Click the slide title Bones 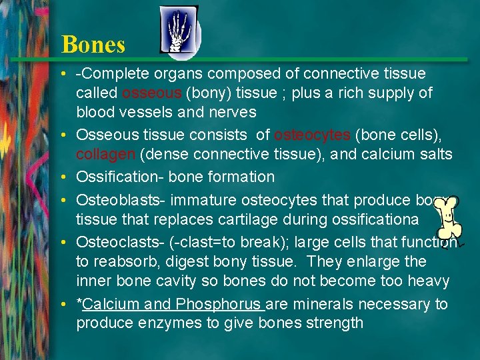[93, 45]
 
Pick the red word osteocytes [312, 135]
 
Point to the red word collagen [104, 154]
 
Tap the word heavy [427, 281]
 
